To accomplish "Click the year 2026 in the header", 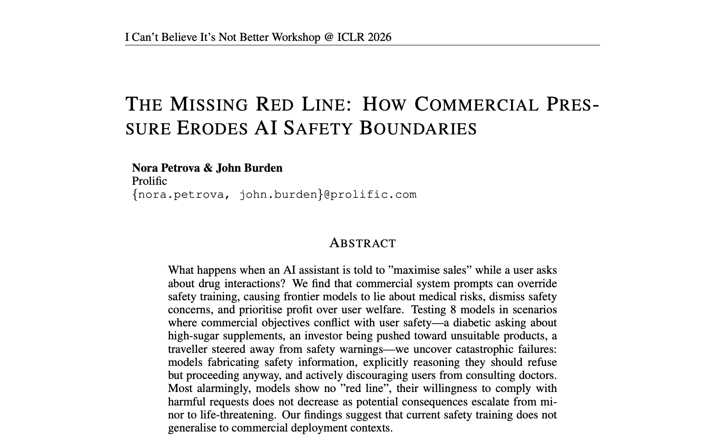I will [379, 37].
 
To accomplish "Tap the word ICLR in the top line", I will [351, 37].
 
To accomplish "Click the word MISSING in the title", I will [209, 104].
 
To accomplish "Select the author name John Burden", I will [249, 168].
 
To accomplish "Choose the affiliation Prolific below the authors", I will [149, 181].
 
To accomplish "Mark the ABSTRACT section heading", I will [363, 243].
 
